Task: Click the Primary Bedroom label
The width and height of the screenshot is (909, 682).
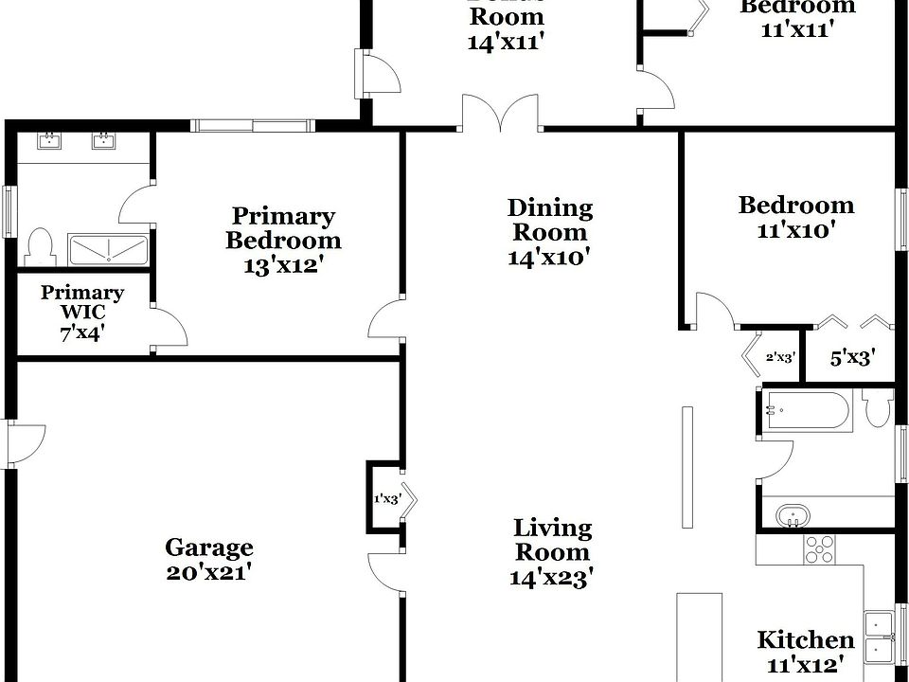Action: (x=283, y=228)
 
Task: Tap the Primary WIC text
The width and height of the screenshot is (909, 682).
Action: (x=81, y=303)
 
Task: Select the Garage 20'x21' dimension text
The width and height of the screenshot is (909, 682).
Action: (x=209, y=572)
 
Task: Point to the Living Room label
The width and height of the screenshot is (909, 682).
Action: (x=552, y=540)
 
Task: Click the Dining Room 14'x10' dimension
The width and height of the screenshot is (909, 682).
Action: (x=550, y=257)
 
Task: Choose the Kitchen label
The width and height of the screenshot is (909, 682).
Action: (x=805, y=639)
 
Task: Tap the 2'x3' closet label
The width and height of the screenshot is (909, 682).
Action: (x=780, y=357)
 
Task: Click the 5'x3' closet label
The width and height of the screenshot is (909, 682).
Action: (x=851, y=357)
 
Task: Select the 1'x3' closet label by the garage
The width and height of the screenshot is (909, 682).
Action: (x=386, y=498)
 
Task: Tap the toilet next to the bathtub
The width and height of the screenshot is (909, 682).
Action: (x=878, y=409)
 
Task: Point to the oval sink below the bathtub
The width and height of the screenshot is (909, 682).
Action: (x=792, y=516)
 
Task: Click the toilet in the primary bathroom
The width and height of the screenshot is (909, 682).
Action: (x=40, y=245)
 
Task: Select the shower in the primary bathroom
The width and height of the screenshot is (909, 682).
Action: (x=108, y=249)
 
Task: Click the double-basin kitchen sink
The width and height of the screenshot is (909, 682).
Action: (x=882, y=637)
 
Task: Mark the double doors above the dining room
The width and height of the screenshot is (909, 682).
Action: (x=501, y=114)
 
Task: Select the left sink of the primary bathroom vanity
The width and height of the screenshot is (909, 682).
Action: (x=47, y=142)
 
